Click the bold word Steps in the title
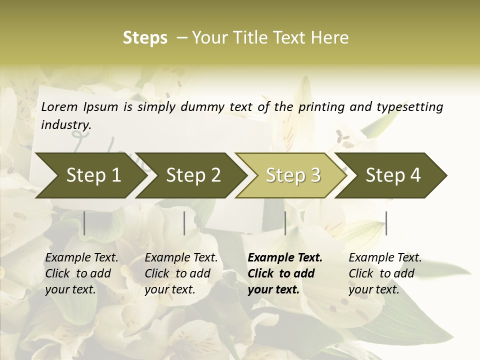[x=145, y=38]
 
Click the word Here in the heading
[x=330, y=38]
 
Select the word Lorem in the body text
[x=59, y=106]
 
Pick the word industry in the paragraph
[x=66, y=124]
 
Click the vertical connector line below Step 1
[x=84, y=223]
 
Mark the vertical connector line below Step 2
[x=184, y=223]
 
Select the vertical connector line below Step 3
[x=285, y=223]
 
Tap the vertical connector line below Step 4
[x=386, y=223]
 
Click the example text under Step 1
[x=81, y=273]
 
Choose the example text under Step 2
[x=181, y=273]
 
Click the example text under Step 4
[x=385, y=273]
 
